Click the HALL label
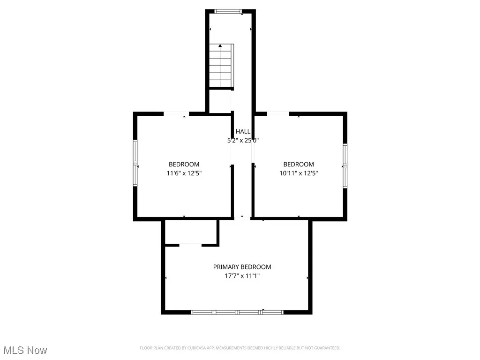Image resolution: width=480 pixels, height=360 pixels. [x=243, y=132]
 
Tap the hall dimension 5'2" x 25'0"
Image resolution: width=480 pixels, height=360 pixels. [x=243, y=140]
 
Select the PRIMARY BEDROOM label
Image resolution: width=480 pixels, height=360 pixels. [x=242, y=267]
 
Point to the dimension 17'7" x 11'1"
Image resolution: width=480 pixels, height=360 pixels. [x=242, y=276]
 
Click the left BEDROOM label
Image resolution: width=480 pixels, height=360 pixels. [x=184, y=164]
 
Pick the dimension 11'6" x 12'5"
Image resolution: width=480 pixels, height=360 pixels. [x=184, y=173]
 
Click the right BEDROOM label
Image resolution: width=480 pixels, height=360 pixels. [x=299, y=164]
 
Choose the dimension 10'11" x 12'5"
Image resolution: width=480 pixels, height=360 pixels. [x=299, y=173]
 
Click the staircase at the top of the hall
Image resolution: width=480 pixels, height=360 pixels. [x=221, y=66]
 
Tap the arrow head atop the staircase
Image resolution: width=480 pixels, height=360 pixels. [x=220, y=46]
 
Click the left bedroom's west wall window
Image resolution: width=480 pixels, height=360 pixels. [x=135, y=163]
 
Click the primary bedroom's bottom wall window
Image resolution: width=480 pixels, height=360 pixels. [x=237, y=312]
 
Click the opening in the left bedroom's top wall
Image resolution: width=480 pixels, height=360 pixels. [x=176, y=113]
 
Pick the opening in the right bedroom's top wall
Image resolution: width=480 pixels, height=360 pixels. [x=277, y=113]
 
